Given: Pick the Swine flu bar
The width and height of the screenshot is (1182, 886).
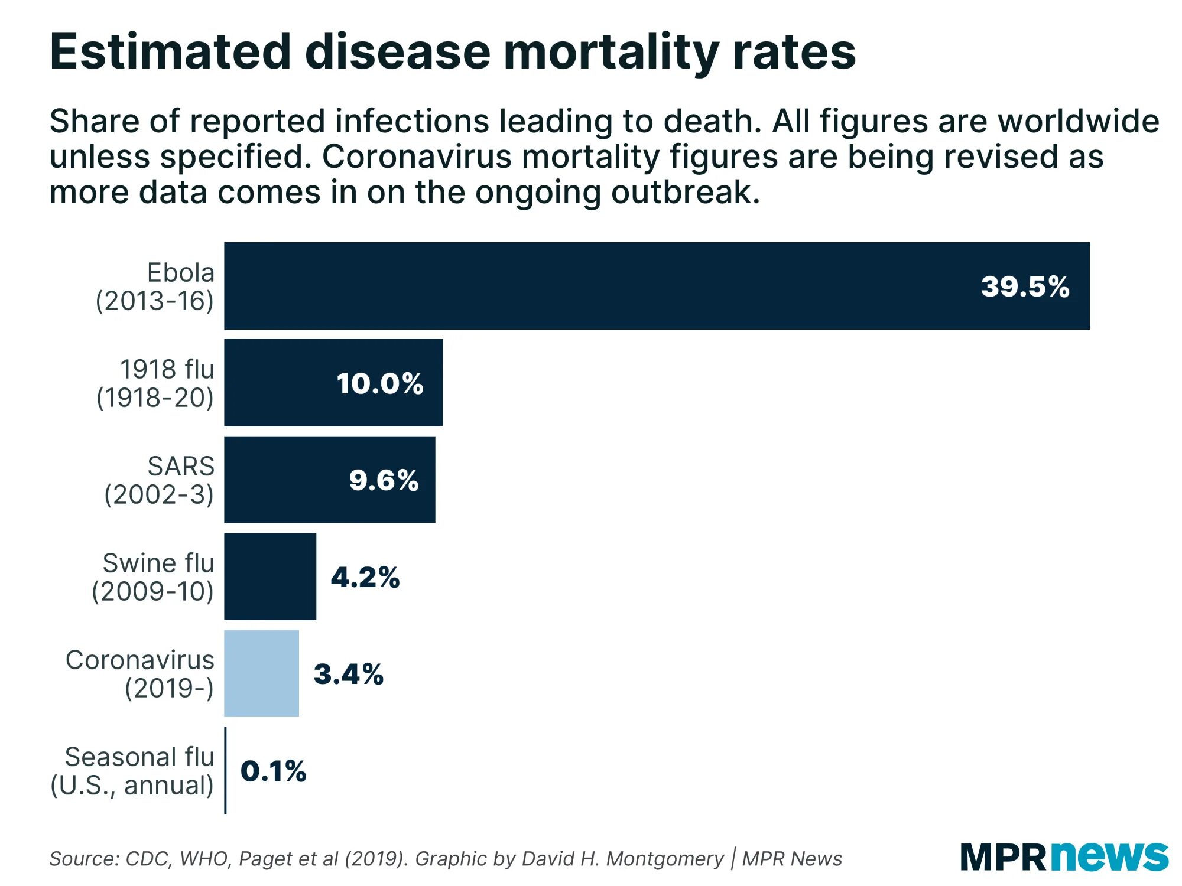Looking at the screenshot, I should pyautogui.click(x=270, y=576).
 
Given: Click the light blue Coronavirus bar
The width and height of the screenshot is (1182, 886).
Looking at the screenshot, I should pyautogui.click(x=261, y=673).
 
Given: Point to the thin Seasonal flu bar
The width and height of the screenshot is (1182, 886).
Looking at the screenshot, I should pyautogui.click(x=225, y=770).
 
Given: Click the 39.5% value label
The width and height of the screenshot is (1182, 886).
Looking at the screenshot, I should pyautogui.click(x=1025, y=286).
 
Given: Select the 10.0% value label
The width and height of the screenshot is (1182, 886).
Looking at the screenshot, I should pyautogui.click(x=380, y=383).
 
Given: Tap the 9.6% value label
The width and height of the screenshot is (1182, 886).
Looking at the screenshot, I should pyautogui.click(x=384, y=480).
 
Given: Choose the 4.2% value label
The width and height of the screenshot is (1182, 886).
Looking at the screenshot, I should pyautogui.click(x=365, y=577).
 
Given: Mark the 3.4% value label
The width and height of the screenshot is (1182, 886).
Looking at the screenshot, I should pyautogui.click(x=349, y=674).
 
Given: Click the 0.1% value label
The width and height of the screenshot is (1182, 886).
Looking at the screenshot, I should pyautogui.click(x=273, y=771).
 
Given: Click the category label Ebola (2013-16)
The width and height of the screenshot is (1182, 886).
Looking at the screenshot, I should pyautogui.click(x=155, y=286).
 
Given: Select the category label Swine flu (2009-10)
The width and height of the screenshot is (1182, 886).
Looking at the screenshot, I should pyautogui.click(x=153, y=577).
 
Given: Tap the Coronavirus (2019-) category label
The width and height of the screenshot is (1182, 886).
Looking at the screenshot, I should pyautogui.click(x=140, y=674).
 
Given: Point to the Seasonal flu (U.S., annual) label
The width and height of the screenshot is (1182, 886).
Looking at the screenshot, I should pyautogui.click(x=132, y=771).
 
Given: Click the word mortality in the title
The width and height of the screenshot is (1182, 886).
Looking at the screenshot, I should pyautogui.click(x=611, y=52).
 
